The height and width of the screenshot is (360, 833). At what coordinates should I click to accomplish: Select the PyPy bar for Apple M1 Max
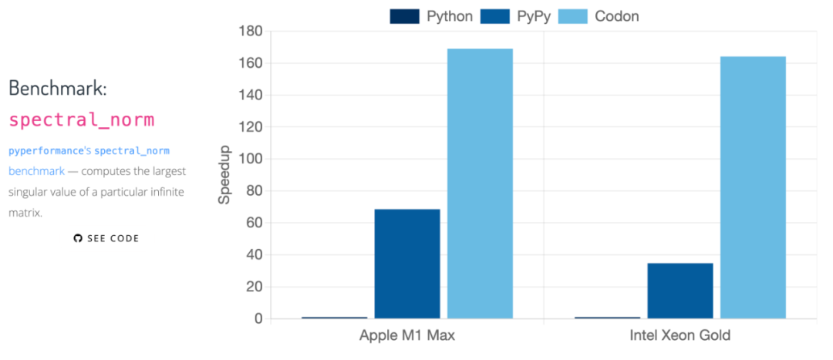(x=407, y=264)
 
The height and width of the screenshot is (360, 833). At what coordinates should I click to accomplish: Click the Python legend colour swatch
(x=405, y=16)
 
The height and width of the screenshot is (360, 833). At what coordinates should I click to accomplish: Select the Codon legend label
(x=616, y=16)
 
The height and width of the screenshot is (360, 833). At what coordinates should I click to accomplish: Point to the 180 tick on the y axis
(x=251, y=31)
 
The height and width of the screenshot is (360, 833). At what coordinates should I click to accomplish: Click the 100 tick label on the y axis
(x=251, y=159)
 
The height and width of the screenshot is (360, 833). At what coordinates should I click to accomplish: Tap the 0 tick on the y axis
(x=258, y=318)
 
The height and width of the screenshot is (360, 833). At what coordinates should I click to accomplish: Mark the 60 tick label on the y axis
(x=255, y=223)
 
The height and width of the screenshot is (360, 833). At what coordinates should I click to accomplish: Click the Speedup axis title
(x=224, y=174)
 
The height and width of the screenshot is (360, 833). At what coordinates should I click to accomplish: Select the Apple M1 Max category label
(x=407, y=336)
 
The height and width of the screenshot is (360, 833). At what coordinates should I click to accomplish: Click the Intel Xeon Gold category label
(x=680, y=336)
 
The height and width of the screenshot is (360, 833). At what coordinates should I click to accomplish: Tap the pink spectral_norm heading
(x=82, y=119)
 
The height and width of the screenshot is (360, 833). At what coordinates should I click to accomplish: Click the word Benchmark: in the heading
(x=58, y=88)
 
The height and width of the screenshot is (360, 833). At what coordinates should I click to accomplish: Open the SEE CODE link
(x=113, y=238)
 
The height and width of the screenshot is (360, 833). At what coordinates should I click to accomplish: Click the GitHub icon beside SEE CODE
(x=78, y=238)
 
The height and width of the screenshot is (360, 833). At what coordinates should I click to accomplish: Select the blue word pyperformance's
(x=50, y=150)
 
